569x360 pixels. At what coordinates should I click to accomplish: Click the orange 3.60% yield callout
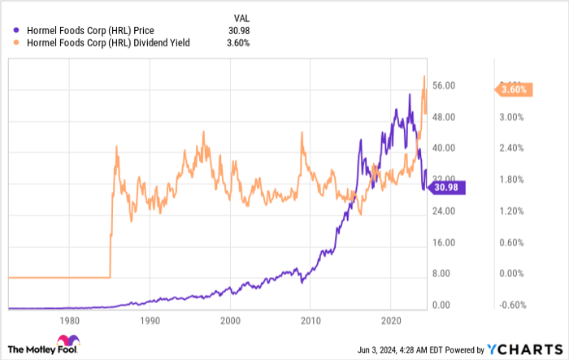514,89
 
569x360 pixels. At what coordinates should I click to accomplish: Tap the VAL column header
241,18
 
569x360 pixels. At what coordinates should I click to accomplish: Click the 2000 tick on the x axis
231,320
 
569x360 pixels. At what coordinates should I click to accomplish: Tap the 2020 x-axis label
392,320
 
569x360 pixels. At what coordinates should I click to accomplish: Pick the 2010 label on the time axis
311,320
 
